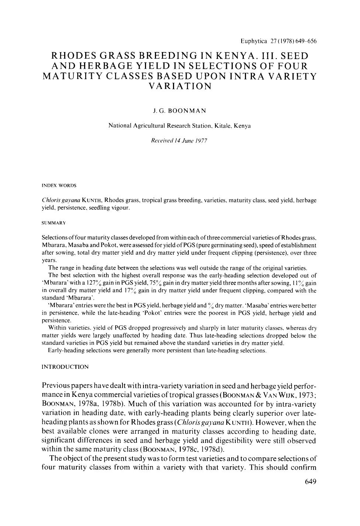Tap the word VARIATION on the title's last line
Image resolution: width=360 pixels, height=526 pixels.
pos(180,87)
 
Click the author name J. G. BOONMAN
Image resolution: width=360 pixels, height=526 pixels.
pos(180,110)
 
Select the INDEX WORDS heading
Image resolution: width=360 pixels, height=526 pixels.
pos(59,185)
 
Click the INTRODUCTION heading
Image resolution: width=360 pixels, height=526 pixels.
pos(65,367)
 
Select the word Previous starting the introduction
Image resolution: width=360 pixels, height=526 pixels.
pos(59,386)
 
